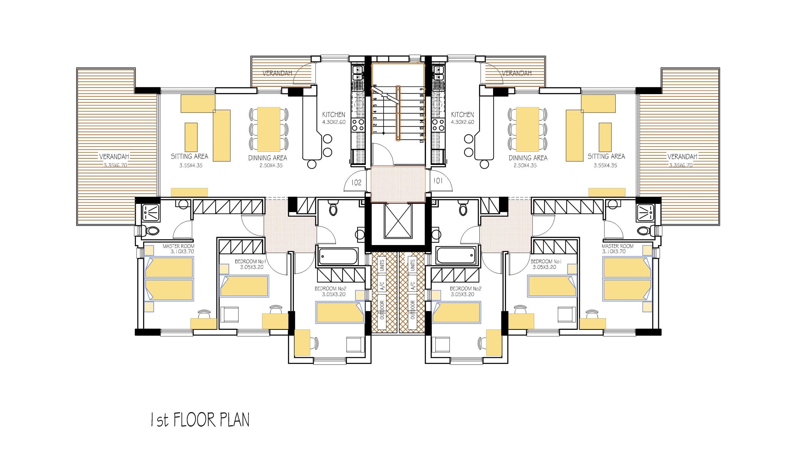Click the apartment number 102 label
pyautogui.click(x=356, y=182)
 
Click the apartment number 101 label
pyautogui.click(x=438, y=181)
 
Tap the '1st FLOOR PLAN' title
pyautogui.click(x=200, y=420)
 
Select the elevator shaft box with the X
pyautogui.click(x=398, y=221)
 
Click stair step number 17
pyautogui.click(x=422, y=140)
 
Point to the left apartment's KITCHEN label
pyautogui.click(x=334, y=114)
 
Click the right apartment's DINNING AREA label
pyautogui.click(x=528, y=158)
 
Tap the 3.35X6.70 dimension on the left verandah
pyautogui.click(x=115, y=165)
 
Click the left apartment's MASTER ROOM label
pyautogui.click(x=178, y=246)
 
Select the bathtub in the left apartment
pyautogui.click(x=338, y=256)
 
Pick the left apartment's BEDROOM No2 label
pyautogui.click(x=331, y=289)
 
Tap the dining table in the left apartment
pyautogui.click(x=269, y=129)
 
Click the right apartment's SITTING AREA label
pyautogui.click(x=606, y=156)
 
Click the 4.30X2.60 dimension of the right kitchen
pyautogui.click(x=462, y=122)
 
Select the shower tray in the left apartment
pyautogui.click(x=151, y=213)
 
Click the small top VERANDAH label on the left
pyautogui.click(x=277, y=73)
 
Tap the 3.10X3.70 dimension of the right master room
pyautogui.click(x=614, y=252)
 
